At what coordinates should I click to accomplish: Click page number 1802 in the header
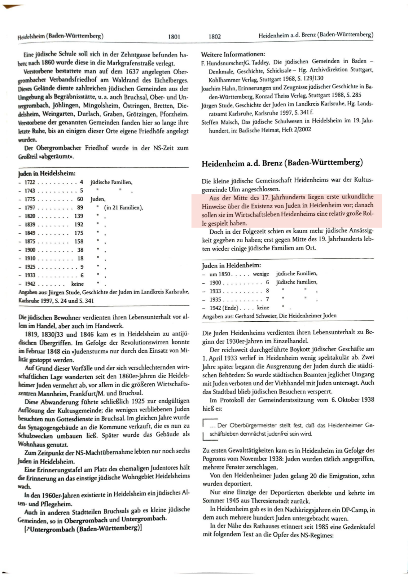[215, 36]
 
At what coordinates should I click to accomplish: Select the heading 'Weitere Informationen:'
[233, 54]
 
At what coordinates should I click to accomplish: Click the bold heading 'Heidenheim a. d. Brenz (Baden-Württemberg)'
[282, 163]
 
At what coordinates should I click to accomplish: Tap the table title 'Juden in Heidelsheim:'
[47, 173]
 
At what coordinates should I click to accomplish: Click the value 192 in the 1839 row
[79, 224]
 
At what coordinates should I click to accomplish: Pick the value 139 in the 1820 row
[79, 216]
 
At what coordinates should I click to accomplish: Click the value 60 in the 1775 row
[80, 199]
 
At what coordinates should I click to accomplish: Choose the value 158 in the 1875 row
[79, 241]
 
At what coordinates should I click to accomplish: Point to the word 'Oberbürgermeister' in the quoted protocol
[253, 426]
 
